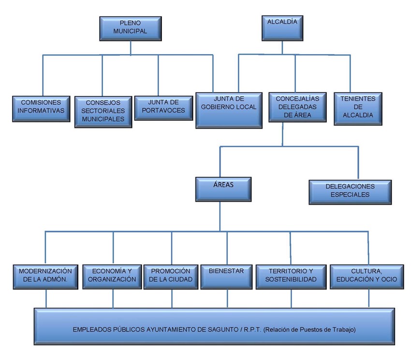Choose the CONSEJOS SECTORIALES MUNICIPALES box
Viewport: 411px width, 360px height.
coord(103,112)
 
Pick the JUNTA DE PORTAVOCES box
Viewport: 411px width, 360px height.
coord(163,107)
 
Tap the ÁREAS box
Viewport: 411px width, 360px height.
coord(223,189)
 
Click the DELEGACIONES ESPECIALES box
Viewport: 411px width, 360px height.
coord(350,191)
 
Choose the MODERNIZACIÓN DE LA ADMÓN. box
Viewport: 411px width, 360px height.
coord(45,276)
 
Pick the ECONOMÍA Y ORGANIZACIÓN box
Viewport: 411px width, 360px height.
coord(112,276)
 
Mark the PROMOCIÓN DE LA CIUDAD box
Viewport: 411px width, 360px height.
coord(171,276)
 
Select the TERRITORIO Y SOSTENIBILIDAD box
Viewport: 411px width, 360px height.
coord(291,276)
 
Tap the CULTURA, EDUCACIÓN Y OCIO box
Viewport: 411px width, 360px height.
coord(367,276)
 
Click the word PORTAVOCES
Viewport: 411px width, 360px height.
coord(164,111)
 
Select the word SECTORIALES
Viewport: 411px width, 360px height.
coord(103,111)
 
